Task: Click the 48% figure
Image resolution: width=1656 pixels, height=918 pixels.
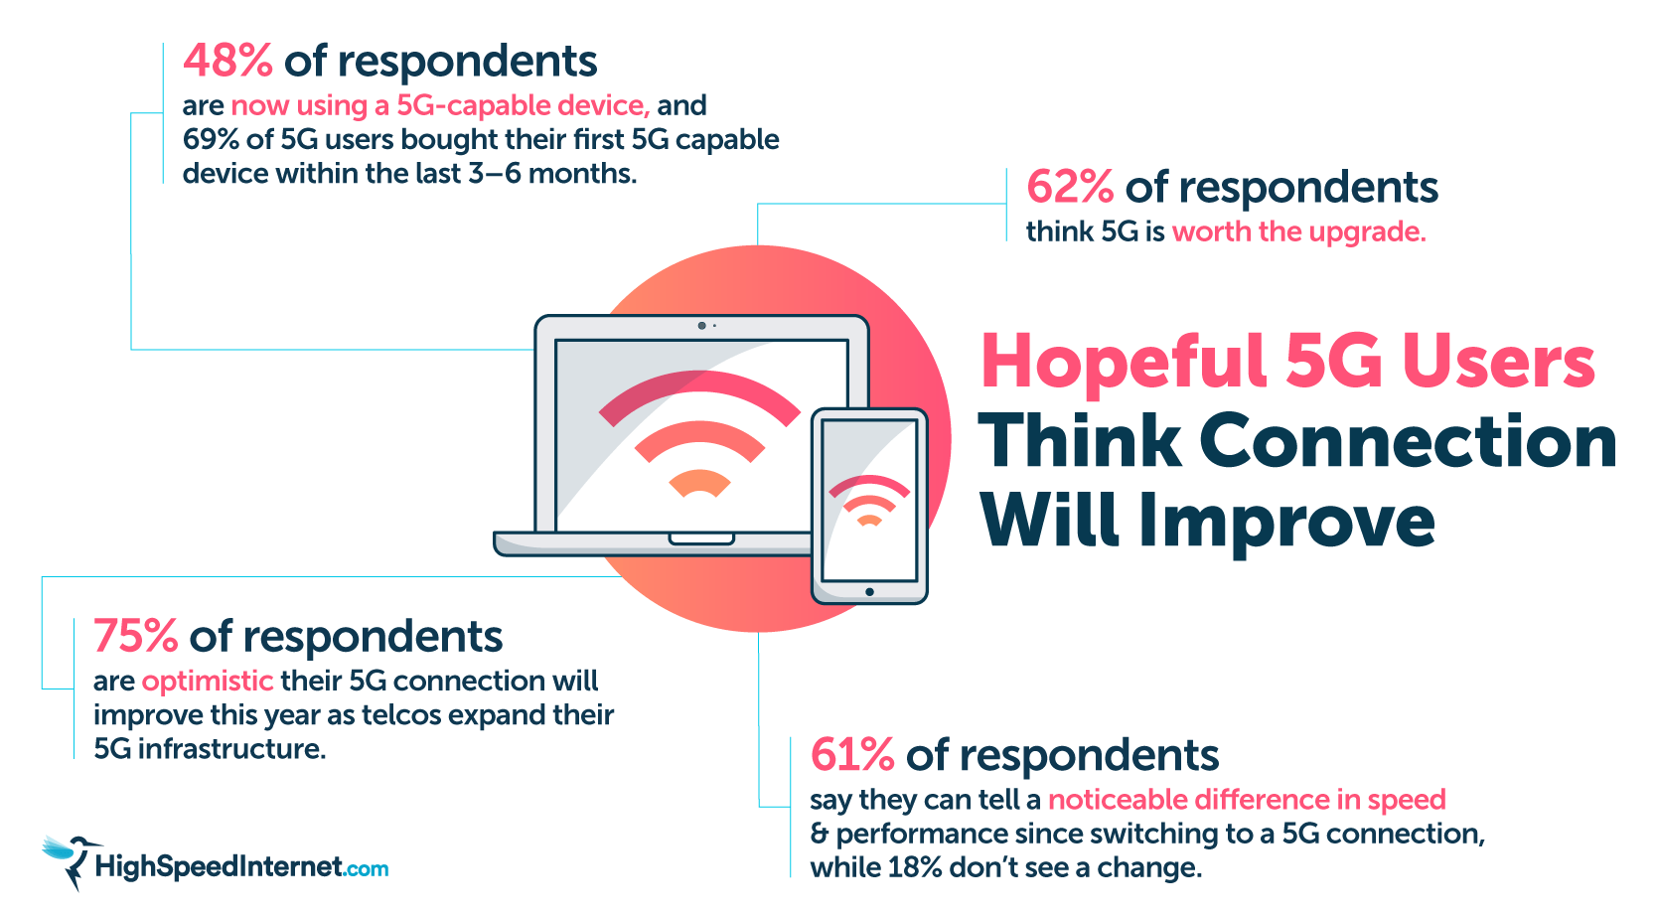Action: [x=227, y=62]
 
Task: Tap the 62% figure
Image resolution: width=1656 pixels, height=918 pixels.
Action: [x=1070, y=188]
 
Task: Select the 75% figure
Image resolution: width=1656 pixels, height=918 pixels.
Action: [x=135, y=637]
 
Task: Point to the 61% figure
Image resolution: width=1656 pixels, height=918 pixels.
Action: [x=852, y=756]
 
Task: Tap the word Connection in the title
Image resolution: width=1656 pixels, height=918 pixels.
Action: [x=1408, y=442]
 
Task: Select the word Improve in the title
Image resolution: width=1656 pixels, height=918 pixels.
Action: [x=1286, y=522]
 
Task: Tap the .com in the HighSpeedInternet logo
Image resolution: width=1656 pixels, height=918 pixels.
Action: [x=367, y=869]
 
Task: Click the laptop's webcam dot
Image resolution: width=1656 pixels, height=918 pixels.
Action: [x=701, y=326]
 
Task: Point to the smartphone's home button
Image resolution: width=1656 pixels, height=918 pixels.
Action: [x=869, y=592]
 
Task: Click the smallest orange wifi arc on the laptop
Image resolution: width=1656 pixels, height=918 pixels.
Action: [x=699, y=484]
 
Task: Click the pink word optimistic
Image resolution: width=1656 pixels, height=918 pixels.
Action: [x=207, y=682]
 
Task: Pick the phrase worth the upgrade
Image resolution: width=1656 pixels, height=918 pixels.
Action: [x=1298, y=232]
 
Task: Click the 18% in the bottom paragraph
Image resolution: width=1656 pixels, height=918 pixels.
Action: [x=914, y=868]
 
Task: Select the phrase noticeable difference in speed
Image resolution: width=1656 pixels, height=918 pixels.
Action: [x=1246, y=801]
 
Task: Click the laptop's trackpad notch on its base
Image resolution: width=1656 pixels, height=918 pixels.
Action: [x=701, y=539]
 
